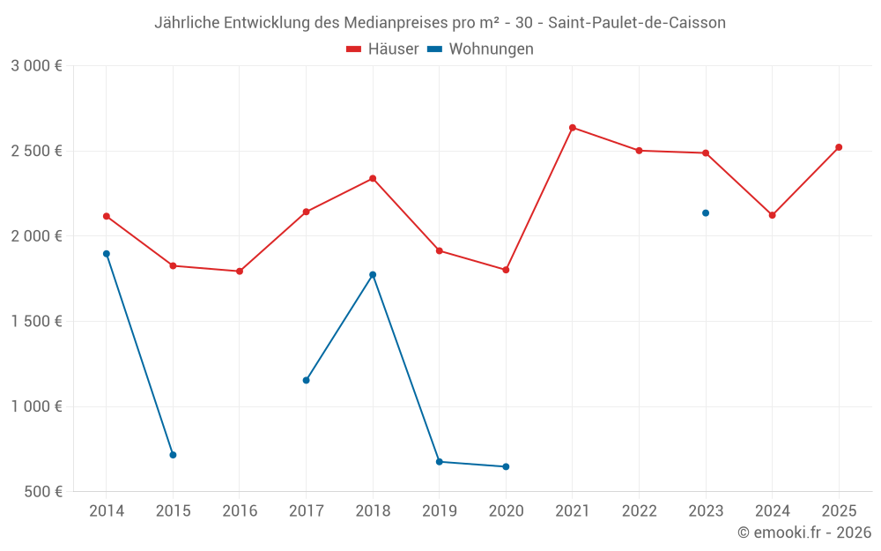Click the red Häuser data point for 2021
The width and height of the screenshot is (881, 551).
pos(573,128)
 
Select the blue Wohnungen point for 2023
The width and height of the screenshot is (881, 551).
pos(706,213)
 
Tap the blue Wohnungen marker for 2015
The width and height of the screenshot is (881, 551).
pos(173,455)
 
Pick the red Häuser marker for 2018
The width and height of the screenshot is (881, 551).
pos(373,179)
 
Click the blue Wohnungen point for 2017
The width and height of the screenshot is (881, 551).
pos(306,381)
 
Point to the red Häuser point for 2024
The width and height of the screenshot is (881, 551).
pos(773,215)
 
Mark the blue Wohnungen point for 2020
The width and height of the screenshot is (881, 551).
pos(506,467)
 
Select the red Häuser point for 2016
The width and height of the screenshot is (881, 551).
pos(240,272)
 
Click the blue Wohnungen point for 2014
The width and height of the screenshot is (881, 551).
pos(107,254)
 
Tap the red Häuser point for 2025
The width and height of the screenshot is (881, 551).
pos(839,147)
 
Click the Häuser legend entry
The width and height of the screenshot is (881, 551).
pos(382,49)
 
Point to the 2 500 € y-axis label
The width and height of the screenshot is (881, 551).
pos(36,151)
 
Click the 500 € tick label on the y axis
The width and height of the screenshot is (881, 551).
pos(42,492)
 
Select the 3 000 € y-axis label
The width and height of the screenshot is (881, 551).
pos(36,66)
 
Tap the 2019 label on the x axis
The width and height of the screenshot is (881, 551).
pos(440,511)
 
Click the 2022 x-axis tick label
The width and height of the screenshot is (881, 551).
pos(639,511)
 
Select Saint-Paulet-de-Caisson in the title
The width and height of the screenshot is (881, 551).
pos(636,23)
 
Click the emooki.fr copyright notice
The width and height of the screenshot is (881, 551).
pos(804,532)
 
